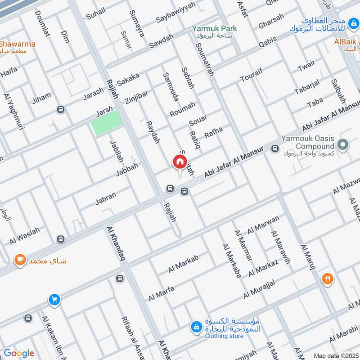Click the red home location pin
click(179, 162)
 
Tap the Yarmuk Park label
click(214, 29)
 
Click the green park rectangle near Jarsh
click(107, 122)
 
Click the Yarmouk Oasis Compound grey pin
click(343, 145)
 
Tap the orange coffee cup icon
click(19, 260)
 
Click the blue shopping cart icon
click(54, 299)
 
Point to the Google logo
click(19, 353)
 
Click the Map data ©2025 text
click(336, 356)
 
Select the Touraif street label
click(251, 75)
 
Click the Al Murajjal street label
click(259, 290)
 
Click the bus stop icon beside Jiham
click(61, 109)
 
